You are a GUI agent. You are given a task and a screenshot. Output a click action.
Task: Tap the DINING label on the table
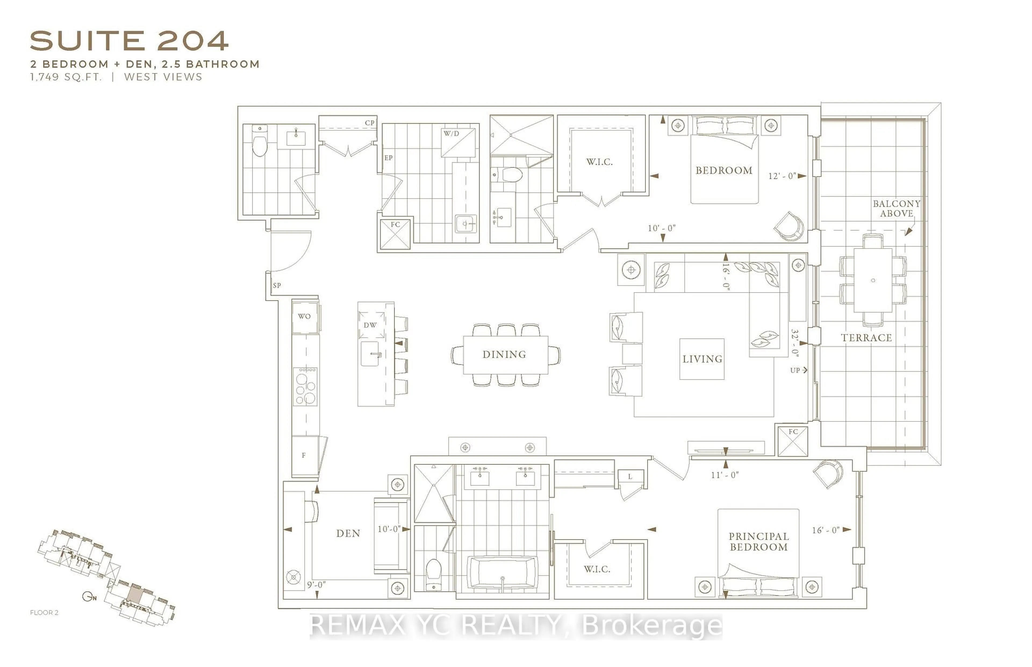(x=504, y=354)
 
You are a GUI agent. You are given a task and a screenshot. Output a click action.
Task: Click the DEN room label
(x=348, y=533)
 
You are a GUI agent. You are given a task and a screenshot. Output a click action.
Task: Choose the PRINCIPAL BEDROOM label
(x=758, y=541)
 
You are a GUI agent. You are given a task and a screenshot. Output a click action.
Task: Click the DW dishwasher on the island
(x=371, y=325)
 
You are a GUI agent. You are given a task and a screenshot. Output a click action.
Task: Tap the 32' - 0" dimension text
(x=794, y=342)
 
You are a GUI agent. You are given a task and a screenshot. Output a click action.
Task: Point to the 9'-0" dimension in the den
(x=316, y=585)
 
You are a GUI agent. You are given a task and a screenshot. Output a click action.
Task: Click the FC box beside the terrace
(x=793, y=441)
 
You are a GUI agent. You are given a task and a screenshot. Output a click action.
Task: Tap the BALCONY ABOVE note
(x=896, y=208)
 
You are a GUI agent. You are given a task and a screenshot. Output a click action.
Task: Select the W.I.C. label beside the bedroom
(x=599, y=162)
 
